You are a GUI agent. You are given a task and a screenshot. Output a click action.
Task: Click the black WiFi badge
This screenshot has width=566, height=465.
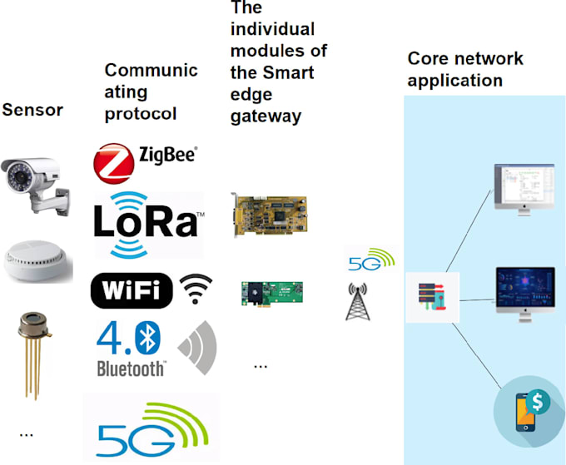coord(132,290)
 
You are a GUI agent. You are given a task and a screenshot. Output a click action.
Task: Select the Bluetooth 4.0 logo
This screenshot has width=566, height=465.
coord(132,348)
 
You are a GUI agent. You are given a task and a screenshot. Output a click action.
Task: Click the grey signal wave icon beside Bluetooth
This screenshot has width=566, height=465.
coord(198,347)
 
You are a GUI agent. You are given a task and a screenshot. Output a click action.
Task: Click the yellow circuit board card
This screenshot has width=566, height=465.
coord(268,215)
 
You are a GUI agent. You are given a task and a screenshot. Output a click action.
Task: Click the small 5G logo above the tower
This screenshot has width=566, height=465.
coord(369,260)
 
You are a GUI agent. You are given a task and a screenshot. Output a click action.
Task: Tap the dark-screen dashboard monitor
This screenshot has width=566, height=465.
coord(524,292)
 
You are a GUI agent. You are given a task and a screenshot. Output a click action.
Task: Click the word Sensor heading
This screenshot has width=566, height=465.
coord(32,110)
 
